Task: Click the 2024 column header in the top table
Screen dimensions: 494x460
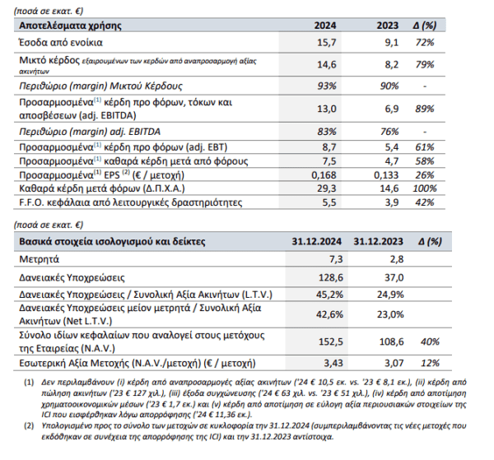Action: (x=325, y=26)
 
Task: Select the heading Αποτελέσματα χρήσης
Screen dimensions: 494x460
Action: (x=70, y=26)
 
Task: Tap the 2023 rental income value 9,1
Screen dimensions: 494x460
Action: (x=392, y=42)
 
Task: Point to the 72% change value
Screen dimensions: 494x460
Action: (x=425, y=42)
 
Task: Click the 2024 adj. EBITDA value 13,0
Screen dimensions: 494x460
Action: (x=327, y=109)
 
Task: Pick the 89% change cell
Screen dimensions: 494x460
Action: (x=425, y=109)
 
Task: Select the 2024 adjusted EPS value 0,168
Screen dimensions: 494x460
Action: (x=324, y=174)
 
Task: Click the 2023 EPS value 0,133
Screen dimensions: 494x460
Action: (x=386, y=174)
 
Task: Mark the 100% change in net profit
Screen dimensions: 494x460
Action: (x=425, y=188)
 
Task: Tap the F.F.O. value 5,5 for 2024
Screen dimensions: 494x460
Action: (x=329, y=202)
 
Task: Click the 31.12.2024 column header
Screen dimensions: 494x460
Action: (x=316, y=241)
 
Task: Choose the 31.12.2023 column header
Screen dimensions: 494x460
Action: (x=378, y=241)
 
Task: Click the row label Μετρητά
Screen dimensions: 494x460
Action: (x=39, y=259)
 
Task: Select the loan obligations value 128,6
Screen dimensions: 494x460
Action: (x=331, y=277)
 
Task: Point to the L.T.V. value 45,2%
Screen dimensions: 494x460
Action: (x=329, y=295)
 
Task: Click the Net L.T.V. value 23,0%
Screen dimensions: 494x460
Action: (x=390, y=314)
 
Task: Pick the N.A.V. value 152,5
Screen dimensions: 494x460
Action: (x=331, y=342)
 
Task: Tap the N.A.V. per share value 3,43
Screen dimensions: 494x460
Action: (x=333, y=363)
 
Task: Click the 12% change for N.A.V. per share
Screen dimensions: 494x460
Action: (x=430, y=363)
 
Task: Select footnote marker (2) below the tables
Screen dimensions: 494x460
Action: (x=29, y=426)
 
